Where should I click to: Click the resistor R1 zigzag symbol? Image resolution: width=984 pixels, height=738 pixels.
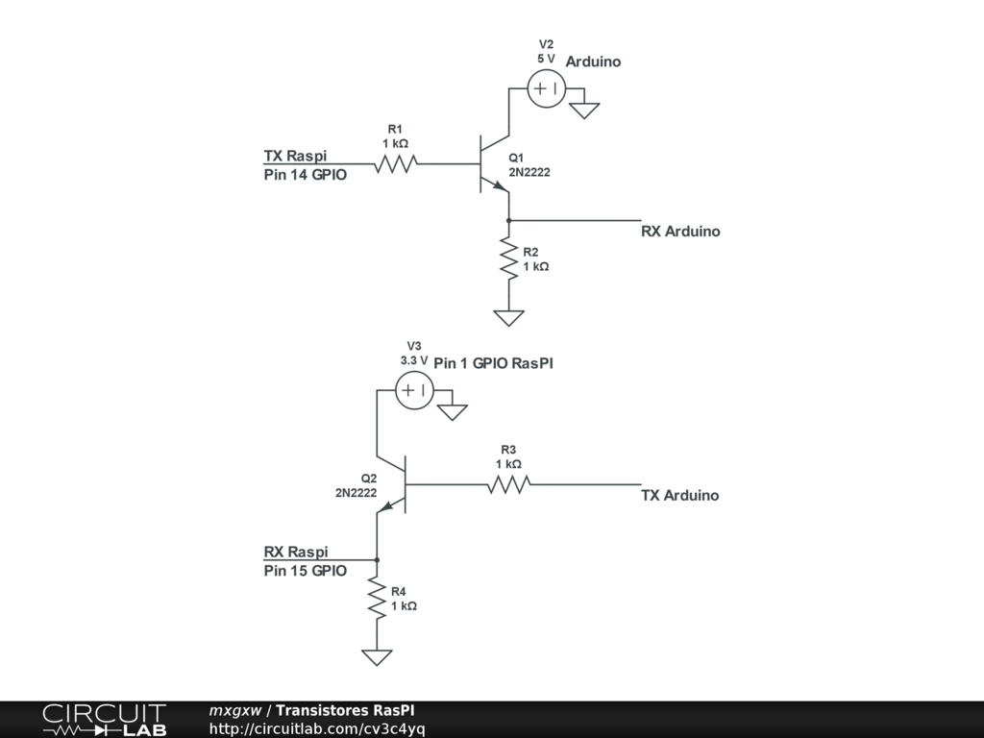(394, 164)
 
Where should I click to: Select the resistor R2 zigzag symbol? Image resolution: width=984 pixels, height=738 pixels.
(508, 260)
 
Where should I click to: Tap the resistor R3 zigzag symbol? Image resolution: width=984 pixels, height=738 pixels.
(508, 485)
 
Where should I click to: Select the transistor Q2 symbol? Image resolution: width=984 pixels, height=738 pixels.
(395, 485)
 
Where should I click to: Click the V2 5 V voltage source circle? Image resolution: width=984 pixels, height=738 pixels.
(547, 89)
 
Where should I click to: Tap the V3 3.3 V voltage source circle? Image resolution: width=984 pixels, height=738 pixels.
(415, 390)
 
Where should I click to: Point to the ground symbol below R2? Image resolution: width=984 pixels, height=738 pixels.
(508, 317)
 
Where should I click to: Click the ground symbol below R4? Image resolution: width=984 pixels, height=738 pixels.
(377, 657)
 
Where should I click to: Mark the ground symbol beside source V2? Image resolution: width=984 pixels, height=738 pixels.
(584, 110)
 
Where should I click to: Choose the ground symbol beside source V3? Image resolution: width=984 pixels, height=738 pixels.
(452, 411)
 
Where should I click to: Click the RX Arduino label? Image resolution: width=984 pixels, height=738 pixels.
(680, 232)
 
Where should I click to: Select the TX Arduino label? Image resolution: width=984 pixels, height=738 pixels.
(679, 496)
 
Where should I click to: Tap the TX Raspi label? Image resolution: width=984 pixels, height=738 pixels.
(295, 156)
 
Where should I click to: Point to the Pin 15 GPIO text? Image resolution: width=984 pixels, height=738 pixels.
(305, 571)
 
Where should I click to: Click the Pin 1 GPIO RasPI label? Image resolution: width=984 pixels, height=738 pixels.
(493, 364)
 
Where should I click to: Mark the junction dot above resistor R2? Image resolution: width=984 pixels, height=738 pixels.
(508, 220)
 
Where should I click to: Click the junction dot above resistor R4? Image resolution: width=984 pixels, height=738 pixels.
(377, 559)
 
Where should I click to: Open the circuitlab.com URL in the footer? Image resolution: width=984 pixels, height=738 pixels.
(317, 729)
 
